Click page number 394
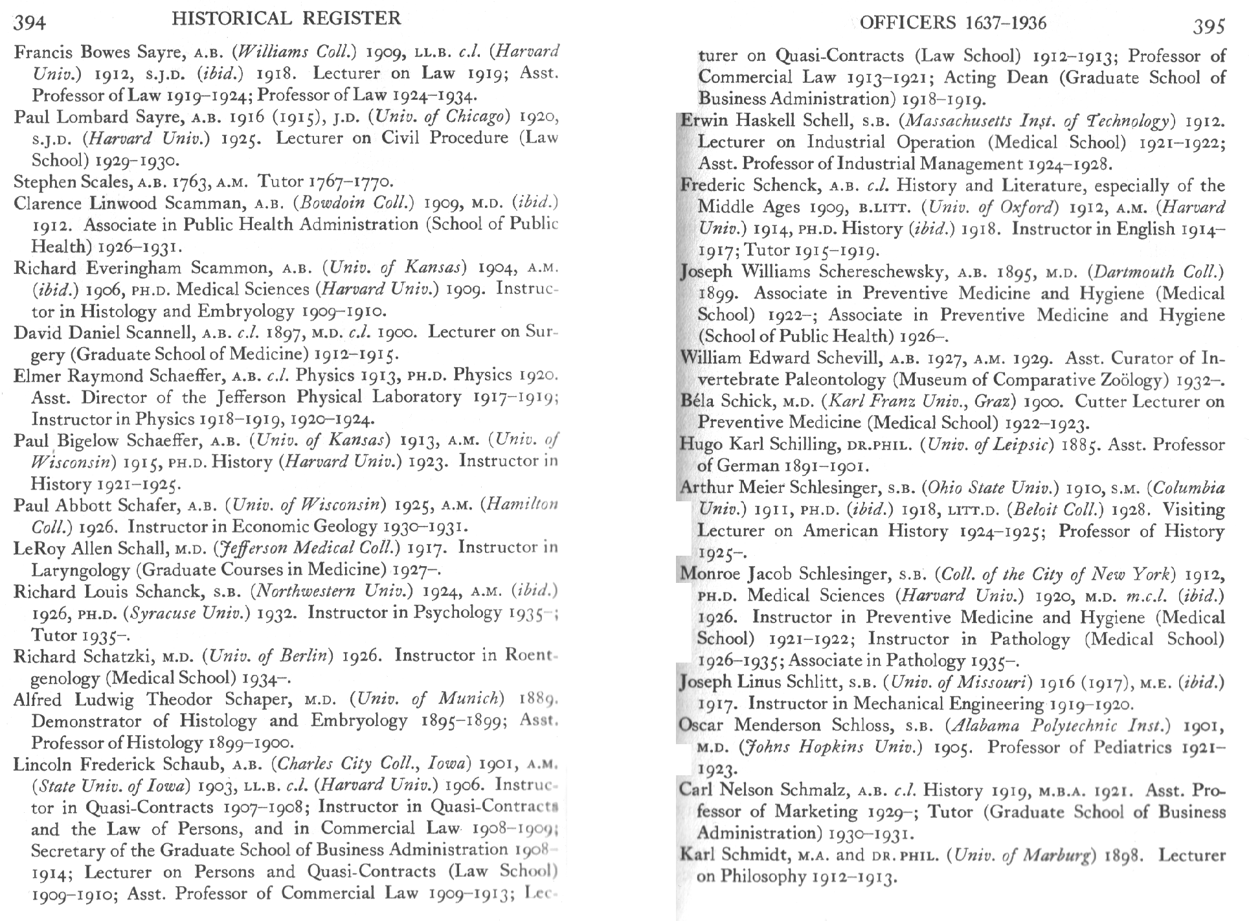tap(30, 23)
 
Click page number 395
tap(1210, 25)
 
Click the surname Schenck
tap(792, 186)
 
